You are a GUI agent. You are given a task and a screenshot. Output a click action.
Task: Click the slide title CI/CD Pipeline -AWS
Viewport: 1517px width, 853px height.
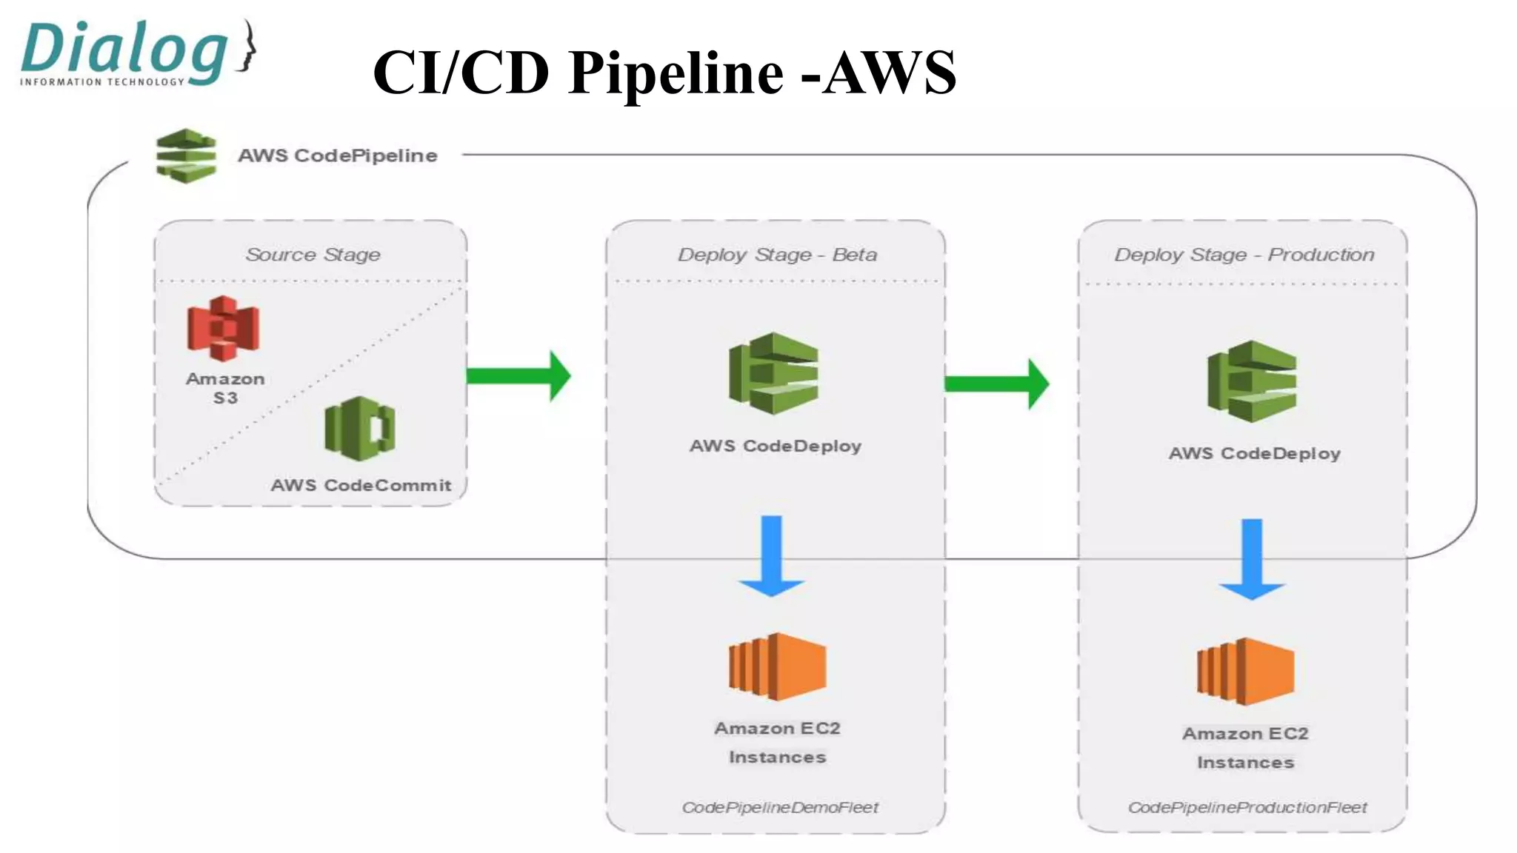664,73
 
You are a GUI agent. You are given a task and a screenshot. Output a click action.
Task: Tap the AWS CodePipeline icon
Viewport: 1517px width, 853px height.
186,155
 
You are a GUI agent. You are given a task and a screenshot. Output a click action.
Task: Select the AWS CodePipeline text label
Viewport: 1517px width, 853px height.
338,155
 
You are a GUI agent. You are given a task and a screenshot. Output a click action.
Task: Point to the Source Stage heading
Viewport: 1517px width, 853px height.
313,255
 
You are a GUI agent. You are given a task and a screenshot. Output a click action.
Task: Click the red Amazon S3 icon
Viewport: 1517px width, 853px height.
224,328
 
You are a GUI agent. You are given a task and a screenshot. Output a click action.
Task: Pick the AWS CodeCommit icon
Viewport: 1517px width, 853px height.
360,428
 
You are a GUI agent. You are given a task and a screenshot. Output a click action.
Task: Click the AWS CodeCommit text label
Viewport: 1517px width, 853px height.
361,485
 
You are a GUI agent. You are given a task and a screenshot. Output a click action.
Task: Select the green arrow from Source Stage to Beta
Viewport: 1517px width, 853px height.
519,376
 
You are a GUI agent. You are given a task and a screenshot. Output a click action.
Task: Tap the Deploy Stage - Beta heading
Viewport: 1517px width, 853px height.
777,255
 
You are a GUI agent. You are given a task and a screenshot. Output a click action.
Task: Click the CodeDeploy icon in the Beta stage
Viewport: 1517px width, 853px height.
774,373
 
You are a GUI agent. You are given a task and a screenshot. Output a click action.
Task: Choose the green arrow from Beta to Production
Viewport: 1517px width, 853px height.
997,384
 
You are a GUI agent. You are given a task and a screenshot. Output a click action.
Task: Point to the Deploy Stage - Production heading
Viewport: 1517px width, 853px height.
1244,255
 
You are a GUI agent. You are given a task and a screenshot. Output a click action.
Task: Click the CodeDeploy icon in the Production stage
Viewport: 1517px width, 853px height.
1253,381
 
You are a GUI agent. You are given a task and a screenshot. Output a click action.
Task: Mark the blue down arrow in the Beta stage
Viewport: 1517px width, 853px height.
772,556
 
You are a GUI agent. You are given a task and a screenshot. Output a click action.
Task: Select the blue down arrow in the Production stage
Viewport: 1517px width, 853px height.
1252,560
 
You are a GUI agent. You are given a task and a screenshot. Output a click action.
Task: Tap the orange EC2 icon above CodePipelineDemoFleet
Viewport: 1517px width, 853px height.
777,666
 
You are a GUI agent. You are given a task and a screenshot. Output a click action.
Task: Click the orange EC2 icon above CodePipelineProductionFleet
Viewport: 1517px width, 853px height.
1245,671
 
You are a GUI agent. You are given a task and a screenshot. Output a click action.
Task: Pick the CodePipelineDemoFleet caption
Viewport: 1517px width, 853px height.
780,807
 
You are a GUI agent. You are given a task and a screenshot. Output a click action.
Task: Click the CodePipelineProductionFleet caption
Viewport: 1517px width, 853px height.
1247,807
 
